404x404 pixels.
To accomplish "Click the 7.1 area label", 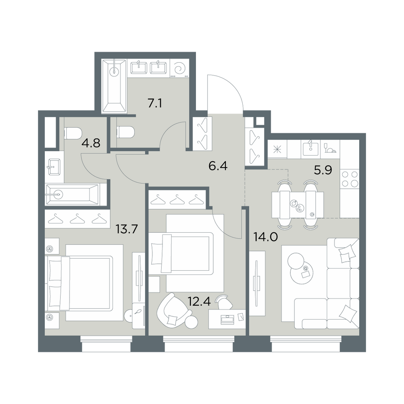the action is (x=155, y=103).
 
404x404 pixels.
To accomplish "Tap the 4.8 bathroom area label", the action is (x=90, y=143).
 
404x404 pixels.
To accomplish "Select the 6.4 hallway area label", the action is (x=218, y=166).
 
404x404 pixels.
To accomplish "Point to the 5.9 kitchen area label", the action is (x=323, y=170).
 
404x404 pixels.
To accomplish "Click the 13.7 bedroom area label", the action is (x=127, y=229).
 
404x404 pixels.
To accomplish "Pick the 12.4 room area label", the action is (x=200, y=301).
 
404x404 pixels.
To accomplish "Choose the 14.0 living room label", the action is (x=266, y=237).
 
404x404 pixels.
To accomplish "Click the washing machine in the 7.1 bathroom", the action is (x=180, y=68).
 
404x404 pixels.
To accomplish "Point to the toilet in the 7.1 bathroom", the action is (x=126, y=133).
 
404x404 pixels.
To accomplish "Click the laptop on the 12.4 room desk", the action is (x=227, y=319).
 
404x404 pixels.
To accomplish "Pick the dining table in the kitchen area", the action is (x=298, y=204).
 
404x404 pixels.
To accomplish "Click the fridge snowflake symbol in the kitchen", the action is (x=277, y=149).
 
